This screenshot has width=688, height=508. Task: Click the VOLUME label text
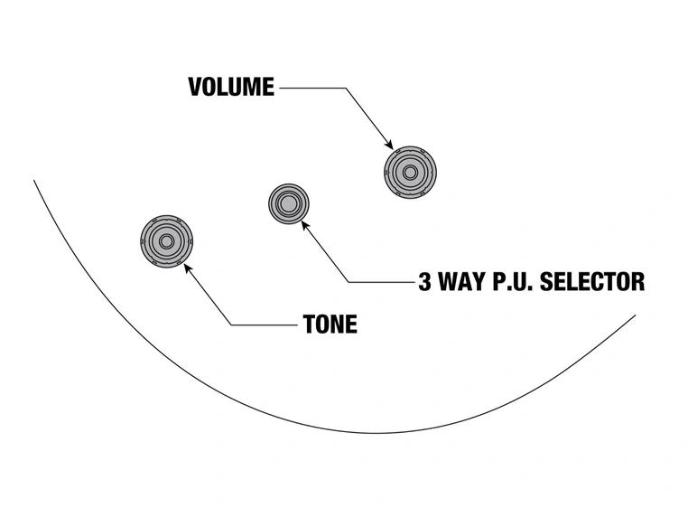(x=230, y=88)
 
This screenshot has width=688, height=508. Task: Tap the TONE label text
(x=330, y=325)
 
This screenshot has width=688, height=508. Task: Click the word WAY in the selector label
(x=465, y=281)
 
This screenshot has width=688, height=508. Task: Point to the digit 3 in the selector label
(x=424, y=281)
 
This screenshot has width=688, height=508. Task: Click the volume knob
(x=409, y=171)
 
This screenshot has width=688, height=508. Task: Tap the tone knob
(x=167, y=241)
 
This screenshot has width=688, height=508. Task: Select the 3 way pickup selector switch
(x=289, y=203)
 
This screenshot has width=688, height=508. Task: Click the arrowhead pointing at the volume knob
(x=389, y=145)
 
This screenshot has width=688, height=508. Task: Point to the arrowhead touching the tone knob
(x=188, y=267)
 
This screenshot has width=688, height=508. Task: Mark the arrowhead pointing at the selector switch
(x=305, y=223)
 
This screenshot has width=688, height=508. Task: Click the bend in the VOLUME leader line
(x=344, y=88)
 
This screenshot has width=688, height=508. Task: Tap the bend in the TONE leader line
(x=230, y=325)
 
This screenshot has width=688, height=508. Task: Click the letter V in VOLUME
(x=194, y=88)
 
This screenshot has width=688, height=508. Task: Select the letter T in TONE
(x=309, y=325)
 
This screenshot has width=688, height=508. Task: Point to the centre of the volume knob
(x=409, y=171)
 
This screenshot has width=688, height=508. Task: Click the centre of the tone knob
(x=167, y=241)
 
